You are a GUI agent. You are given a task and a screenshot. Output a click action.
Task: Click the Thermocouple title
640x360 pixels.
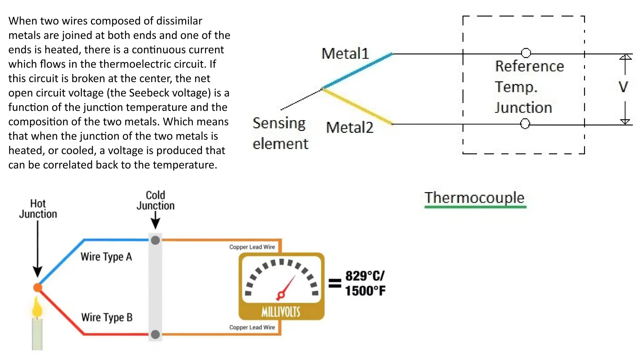tap(474, 198)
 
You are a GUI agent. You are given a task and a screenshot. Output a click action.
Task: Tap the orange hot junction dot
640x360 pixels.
tap(38, 287)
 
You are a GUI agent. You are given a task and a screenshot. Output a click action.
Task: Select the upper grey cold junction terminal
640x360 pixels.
tap(155, 240)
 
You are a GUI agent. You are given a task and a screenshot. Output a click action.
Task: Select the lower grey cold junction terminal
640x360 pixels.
tap(155, 334)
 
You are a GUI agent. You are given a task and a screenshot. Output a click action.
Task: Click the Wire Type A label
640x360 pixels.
tap(106, 257)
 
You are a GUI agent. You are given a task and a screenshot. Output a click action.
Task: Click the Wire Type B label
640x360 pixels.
tap(107, 317)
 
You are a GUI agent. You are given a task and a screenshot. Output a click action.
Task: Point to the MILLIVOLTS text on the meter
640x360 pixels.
tap(281, 312)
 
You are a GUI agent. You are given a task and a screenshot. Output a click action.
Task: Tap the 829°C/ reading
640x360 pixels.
tap(365, 276)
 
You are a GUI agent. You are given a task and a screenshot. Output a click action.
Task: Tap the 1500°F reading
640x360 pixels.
tap(365, 291)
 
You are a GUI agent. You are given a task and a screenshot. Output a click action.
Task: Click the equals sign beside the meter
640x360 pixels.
tap(335, 283)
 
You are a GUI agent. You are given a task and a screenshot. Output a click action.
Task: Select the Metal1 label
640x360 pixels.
tap(345, 54)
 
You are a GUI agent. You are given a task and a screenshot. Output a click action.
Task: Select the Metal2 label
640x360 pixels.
tap(349, 127)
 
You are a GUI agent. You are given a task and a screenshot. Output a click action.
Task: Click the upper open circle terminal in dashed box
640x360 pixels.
tap(526, 53)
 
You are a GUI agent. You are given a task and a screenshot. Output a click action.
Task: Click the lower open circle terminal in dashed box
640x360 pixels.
tap(525, 124)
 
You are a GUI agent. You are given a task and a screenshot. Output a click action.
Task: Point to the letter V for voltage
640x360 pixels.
tap(623, 87)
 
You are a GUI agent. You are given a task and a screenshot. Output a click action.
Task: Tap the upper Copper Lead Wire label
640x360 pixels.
tap(252, 247)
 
